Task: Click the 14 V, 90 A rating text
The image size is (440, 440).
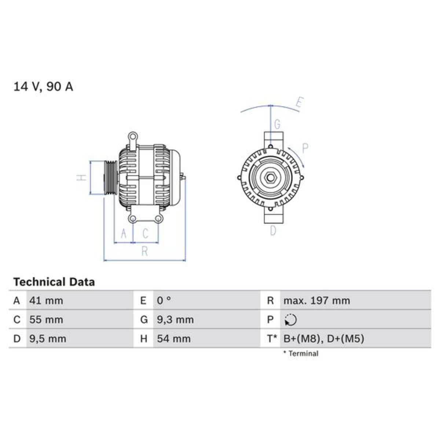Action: tap(43, 87)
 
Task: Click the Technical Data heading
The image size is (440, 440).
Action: tap(54, 282)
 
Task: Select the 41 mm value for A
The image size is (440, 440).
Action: tap(46, 301)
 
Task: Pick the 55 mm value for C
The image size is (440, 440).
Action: tap(46, 320)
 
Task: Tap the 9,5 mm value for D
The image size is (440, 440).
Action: tap(48, 338)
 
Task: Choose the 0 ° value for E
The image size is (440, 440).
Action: tap(164, 301)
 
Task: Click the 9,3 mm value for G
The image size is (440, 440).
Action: tap(175, 320)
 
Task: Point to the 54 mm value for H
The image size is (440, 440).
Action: tap(174, 338)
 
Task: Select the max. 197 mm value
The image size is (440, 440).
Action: tap(316, 301)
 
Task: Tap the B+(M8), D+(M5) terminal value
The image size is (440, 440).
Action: tap(324, 338)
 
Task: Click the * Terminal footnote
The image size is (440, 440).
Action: tap(300, 353)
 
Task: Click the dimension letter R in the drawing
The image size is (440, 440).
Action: tap(145, 251)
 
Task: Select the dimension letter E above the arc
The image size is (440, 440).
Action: tap(300, 103)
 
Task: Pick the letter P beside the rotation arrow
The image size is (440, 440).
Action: tap(305, 148)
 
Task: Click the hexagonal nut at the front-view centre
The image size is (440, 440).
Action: tap(271, 178)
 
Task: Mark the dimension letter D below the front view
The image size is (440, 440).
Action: tap(273, 231)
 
